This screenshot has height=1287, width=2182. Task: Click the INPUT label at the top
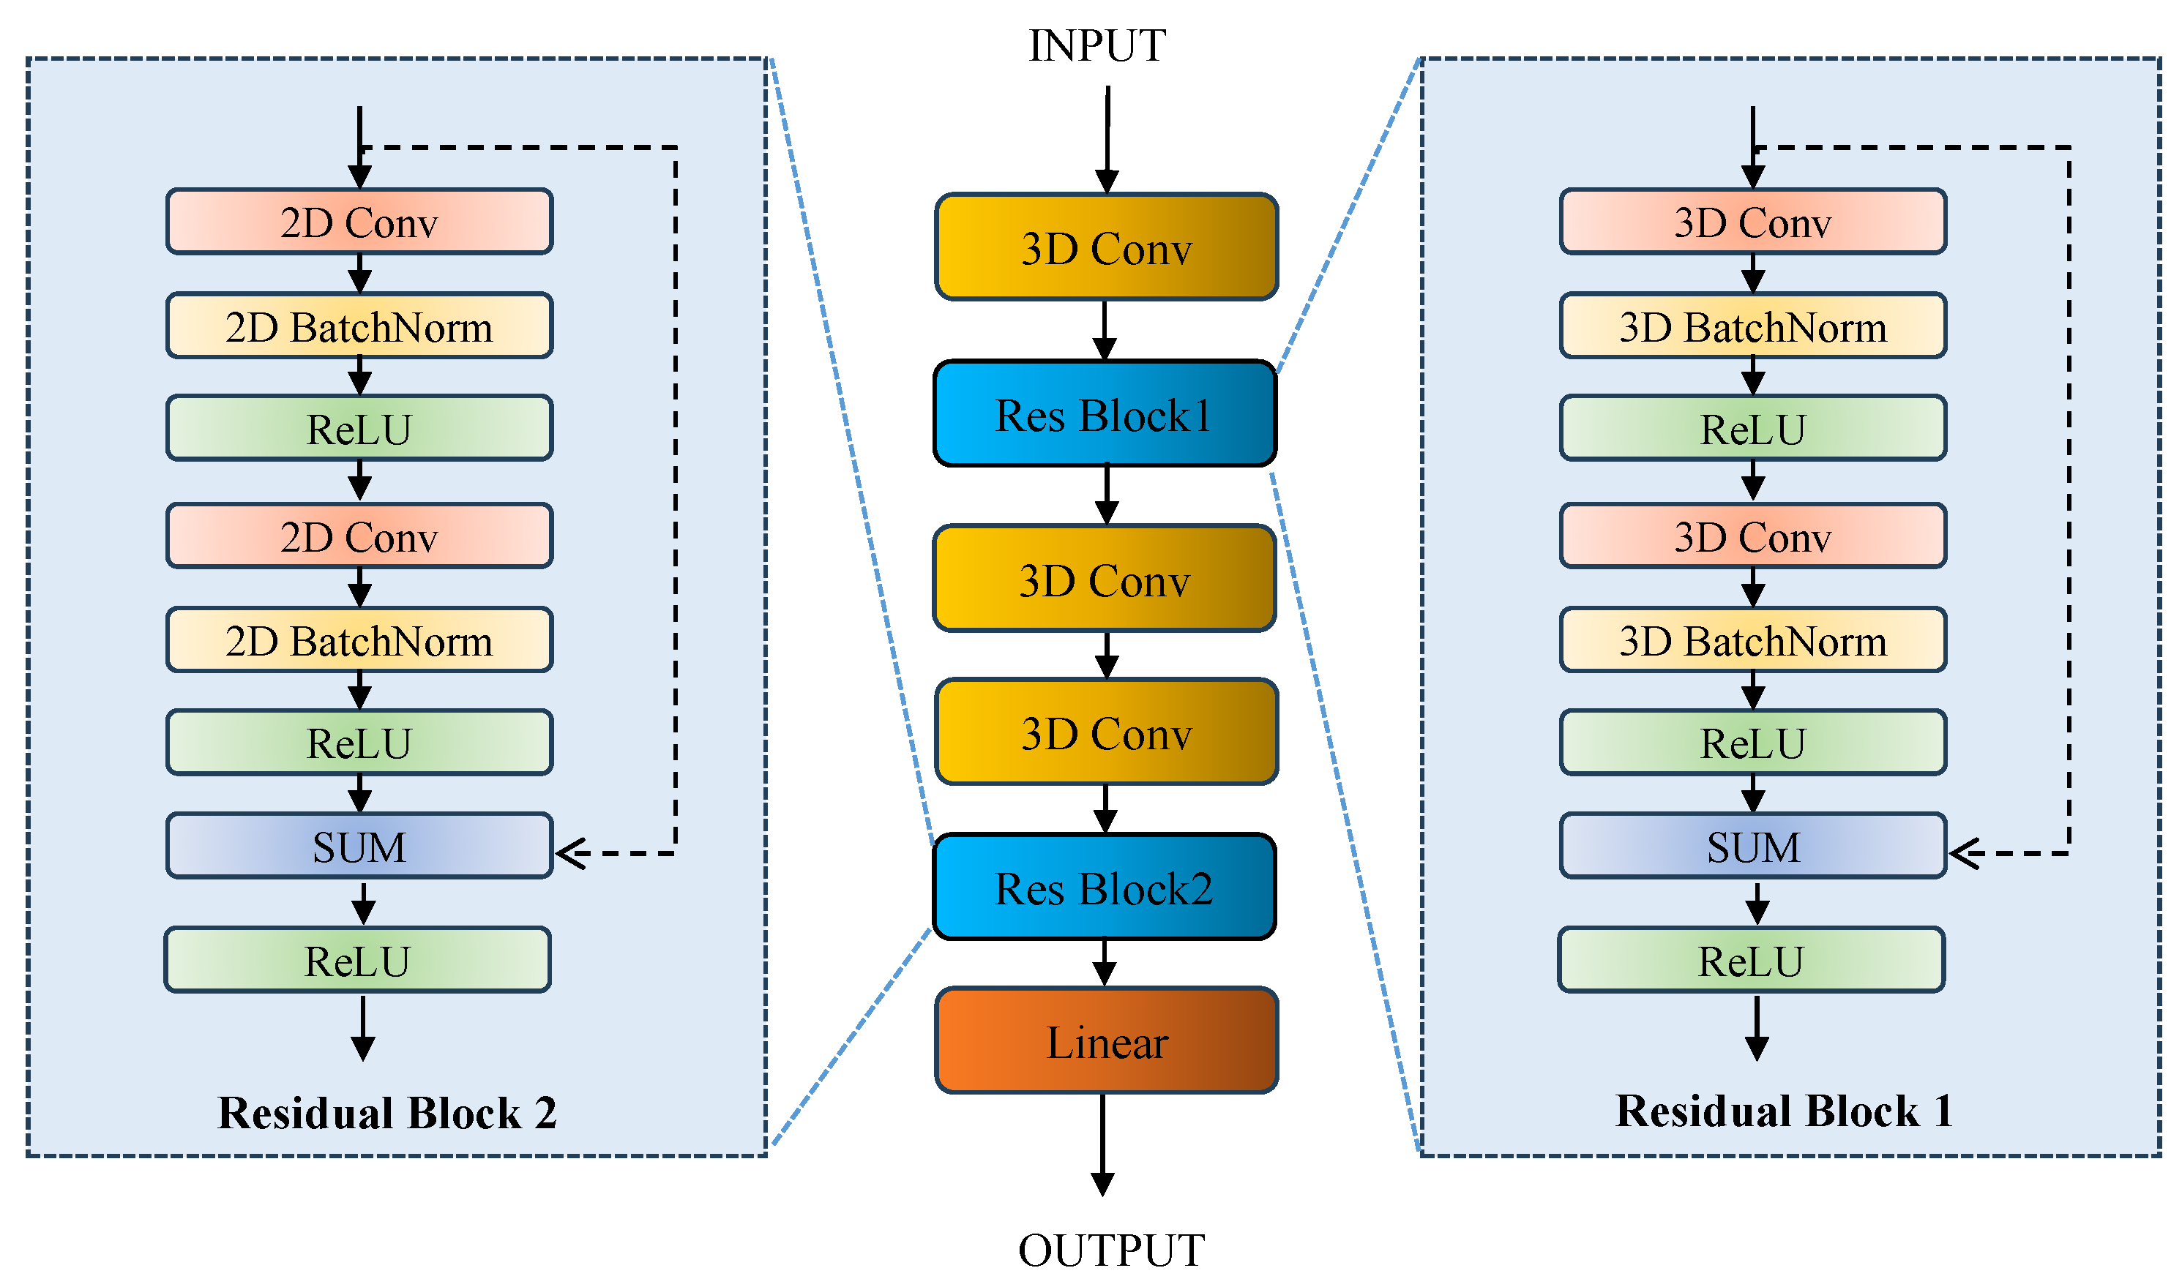point(1096,46)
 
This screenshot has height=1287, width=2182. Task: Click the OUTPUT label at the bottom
point(1110,1250)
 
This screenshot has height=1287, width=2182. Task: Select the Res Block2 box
point(1104,888)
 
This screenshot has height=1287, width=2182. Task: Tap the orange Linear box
point(1106,1040)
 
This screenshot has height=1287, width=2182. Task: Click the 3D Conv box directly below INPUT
point(1106,248)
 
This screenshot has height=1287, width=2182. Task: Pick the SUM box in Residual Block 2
point(359,847)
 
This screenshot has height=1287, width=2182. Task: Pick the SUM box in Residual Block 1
point(1752,847)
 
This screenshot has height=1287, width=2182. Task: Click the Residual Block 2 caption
point(387,1113)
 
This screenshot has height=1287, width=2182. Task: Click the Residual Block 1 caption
point(1784,1111)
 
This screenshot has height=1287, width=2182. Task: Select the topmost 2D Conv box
point(359,222)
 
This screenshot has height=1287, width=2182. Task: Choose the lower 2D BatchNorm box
point(359,641)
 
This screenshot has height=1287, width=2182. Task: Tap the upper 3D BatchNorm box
point(1752,327)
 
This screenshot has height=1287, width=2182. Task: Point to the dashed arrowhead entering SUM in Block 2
point(571,853)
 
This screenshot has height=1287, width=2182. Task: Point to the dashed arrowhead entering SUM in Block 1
point(1964,853)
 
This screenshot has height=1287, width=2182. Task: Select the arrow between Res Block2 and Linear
point(1104,964)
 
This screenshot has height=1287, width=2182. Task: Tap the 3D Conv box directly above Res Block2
point(1106,733)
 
